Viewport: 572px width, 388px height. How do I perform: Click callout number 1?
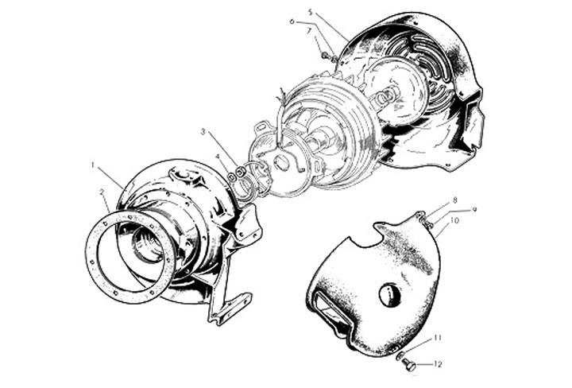(x=94, y=165)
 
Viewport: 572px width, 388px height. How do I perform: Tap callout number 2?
(x=103, y=192)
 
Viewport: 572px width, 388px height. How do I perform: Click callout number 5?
(x=310, y=12)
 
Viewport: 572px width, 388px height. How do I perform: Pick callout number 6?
(x=292, y=21)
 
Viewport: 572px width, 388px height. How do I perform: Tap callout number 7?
(x=308, y=31)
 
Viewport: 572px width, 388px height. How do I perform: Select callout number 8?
(x=455, y=200)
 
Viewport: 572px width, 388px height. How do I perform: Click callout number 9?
(x=474, y=210)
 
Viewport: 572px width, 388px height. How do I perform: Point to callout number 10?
(x=454, y=220)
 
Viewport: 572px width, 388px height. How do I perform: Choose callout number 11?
(x=438, y=338)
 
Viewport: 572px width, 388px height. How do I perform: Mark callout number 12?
(x=438, y=364)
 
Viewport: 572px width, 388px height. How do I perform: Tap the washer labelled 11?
(x=399, y=355)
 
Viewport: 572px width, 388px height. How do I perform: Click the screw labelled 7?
(x=325, y=55)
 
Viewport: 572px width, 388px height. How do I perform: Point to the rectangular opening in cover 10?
(x=330, y=307)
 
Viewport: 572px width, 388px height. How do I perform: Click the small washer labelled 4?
(x=231, y=177)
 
